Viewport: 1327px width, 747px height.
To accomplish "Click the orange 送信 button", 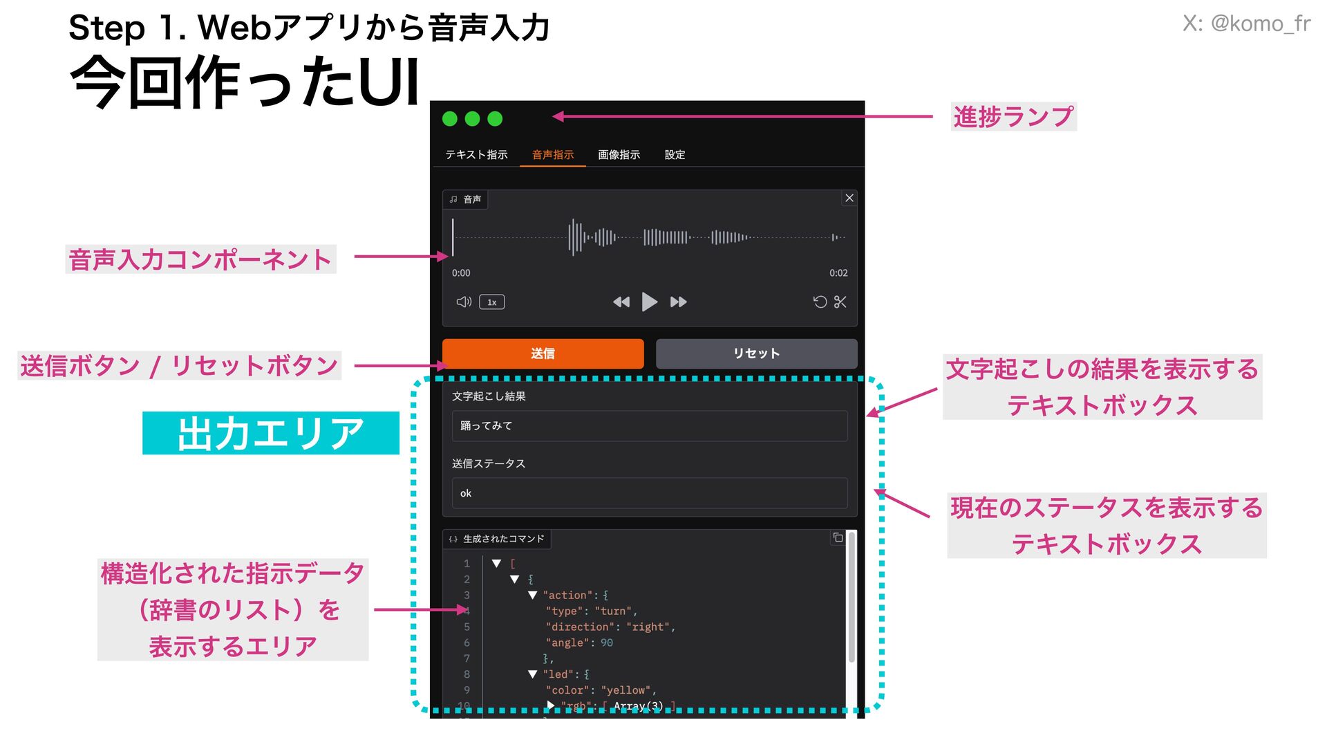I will click(543, 353).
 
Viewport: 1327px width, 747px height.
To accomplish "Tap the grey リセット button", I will click(756, 353).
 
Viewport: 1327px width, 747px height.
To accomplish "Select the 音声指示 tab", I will click(553, 155).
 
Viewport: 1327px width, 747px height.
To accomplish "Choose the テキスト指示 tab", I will click(476, 155).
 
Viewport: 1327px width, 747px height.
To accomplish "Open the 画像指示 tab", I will click(619, 155).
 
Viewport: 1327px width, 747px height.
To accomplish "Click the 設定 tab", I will click(675, 155).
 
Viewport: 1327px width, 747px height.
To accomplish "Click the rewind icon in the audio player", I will click(621, 302).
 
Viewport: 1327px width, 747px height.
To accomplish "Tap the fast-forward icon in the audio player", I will click(679, 302).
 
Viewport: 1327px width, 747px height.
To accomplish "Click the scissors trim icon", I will click(840, 302).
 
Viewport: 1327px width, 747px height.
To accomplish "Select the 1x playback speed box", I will click(491, 302).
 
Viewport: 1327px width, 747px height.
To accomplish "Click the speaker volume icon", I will click(464, 302).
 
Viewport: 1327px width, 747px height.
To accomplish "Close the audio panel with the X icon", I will click(849, 199).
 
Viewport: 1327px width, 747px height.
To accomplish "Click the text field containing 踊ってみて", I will click(649, 426).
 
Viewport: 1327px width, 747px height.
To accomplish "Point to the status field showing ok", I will click(649, 493).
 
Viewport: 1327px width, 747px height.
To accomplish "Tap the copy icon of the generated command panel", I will click(838, 538).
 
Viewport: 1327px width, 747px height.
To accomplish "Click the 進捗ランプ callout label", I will click(1013, 116).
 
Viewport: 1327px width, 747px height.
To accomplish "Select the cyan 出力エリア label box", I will click(271, 434).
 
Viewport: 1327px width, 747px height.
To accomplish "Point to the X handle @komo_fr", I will click(1246, 24).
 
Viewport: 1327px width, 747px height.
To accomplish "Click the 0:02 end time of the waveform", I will click(838, 273).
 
